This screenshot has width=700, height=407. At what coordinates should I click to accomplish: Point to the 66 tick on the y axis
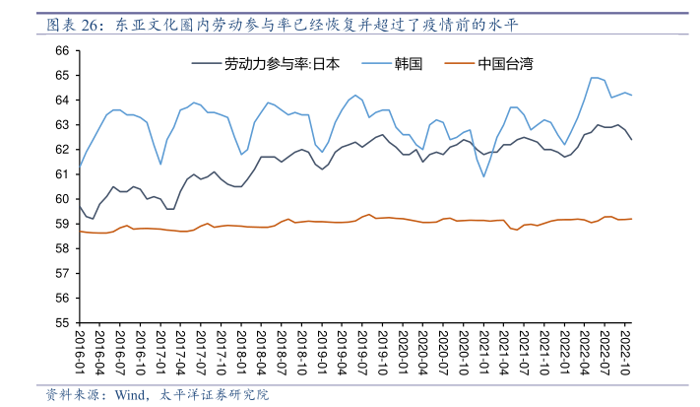[x=61, y=50]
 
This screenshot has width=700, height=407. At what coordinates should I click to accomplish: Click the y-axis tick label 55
[x=61, y=322]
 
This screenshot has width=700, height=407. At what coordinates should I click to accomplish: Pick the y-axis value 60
[x=61, y=199]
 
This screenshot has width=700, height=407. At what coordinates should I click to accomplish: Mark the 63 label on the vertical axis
[x=61, y=125]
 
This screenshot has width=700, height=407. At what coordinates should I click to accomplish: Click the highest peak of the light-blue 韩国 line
[x=594, y=77]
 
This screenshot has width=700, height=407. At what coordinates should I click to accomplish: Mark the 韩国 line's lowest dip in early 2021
[x=483, y=176]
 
